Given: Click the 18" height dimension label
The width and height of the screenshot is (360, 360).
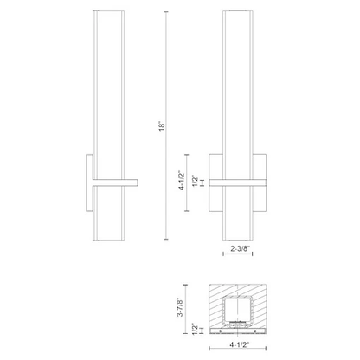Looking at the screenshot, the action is tap(162, 125).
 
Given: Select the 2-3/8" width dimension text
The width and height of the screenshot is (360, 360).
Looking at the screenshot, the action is tap(240, 248).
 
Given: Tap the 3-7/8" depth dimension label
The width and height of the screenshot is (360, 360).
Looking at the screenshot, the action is tap(180, 307).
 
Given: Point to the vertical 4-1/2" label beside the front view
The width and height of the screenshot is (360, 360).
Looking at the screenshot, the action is tap(182, 181).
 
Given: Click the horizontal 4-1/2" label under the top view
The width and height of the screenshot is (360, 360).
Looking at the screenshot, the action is tap(240, 344).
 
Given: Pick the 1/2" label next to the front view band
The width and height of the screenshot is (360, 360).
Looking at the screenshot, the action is tap(196, 181).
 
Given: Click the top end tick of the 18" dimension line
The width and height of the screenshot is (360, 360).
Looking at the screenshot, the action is tap(166, 12).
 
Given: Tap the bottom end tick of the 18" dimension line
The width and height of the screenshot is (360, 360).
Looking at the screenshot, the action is tap(166, 239).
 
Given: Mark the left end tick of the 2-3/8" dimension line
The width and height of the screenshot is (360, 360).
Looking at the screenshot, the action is tap(223, 254).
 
